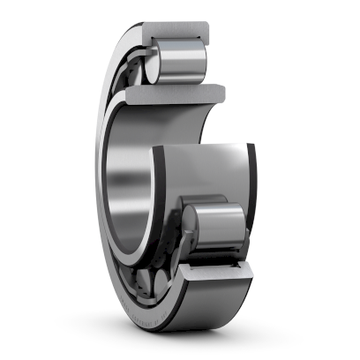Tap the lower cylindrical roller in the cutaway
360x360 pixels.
[x=216, y=229]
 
